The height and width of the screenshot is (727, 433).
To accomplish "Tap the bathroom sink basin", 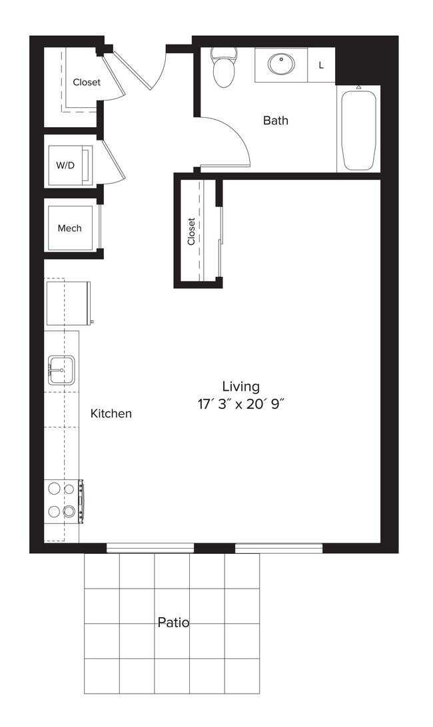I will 280,65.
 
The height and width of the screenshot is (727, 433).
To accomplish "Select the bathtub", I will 358,130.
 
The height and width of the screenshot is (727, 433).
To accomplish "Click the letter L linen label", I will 321,65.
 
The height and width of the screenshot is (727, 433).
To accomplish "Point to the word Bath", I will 275,121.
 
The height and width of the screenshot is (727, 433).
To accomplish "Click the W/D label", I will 65,165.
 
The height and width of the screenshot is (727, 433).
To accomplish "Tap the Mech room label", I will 69,228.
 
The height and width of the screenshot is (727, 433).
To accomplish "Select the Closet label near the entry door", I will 87,83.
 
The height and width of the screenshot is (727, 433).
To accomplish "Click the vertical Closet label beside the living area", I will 192,232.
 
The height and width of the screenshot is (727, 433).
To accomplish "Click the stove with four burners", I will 61,500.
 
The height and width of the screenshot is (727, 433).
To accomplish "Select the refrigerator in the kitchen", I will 67,303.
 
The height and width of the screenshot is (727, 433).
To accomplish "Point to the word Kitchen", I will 111,413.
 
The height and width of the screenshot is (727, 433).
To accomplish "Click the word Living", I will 241,386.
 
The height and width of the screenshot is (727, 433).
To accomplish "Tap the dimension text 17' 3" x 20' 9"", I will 241,403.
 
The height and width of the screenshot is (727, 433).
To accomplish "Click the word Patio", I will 173,622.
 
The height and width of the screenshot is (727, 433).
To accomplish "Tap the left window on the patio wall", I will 150,548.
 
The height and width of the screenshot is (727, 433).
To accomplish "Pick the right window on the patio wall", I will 278,548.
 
